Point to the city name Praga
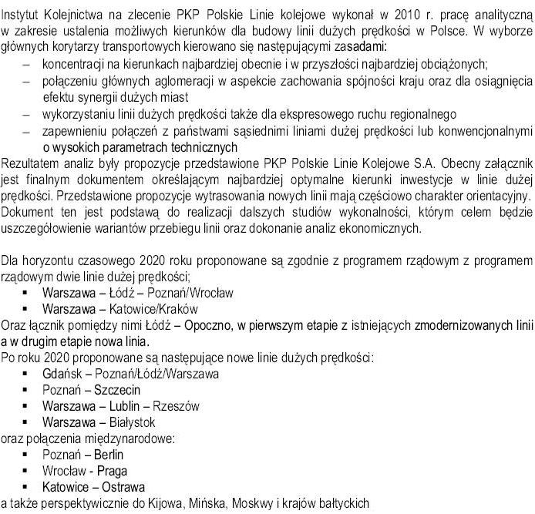112,471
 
